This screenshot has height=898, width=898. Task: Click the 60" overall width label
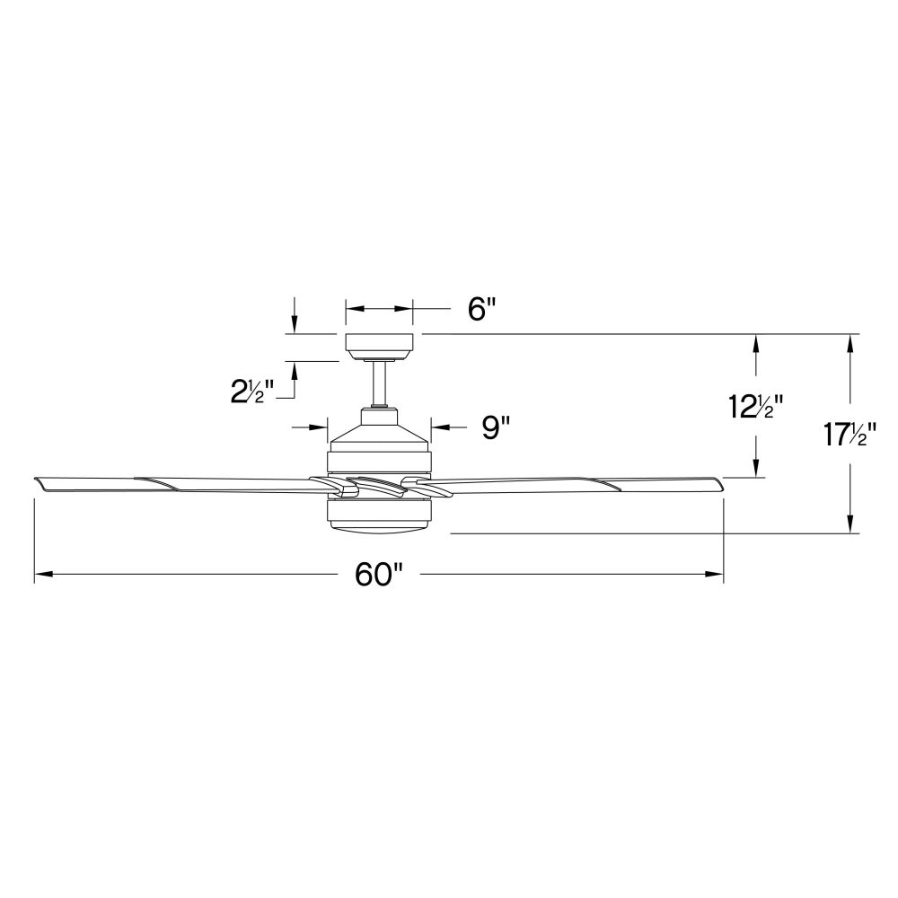coord(379,574)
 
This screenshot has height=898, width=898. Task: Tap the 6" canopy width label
coord(480,309)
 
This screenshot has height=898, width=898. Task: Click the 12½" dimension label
coord(755,407)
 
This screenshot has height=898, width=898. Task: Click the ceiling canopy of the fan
coord(379,347)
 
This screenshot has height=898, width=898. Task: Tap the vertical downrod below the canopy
coord(379,383)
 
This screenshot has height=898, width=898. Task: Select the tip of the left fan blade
coord(36,479)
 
